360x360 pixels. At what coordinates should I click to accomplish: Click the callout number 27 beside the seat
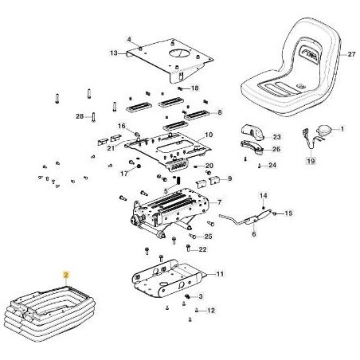(x=350, y=54)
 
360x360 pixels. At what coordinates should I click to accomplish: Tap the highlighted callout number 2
(x=67, y=273)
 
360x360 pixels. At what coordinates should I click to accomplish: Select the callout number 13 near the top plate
(x=114, y=53)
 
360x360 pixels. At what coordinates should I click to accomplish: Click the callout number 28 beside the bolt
(x=80, y=117)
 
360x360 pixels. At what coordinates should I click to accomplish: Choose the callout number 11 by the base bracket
(x=220, y=274)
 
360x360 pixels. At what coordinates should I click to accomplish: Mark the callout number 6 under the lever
(x=252, y=236)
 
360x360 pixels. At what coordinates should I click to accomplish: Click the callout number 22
(x=203, y=249)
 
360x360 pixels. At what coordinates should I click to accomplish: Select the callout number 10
(x=209, y=135)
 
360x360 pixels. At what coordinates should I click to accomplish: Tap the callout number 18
(x=194, y=88)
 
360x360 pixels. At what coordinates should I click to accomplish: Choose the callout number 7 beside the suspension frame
(x=219, y=202)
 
